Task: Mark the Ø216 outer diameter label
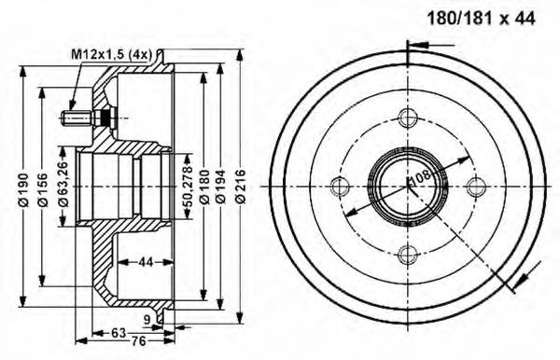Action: (240, 191)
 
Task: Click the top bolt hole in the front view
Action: (407, 118)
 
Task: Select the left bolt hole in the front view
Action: (340, 185)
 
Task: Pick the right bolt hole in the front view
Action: (475, 185)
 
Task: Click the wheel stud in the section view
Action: (84, 118)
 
